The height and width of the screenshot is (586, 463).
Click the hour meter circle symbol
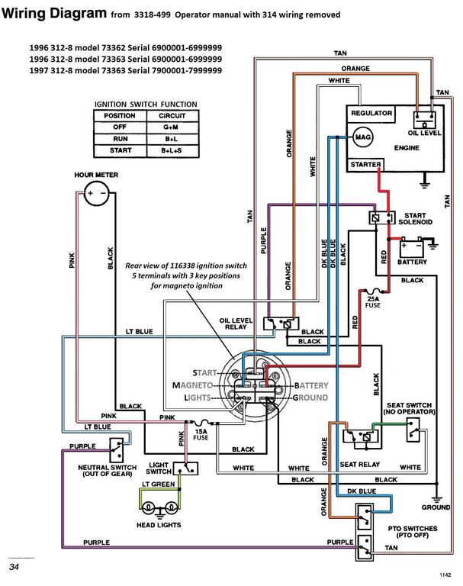(x=97, y=194)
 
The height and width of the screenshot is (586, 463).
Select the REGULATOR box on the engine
(x=371, y=113)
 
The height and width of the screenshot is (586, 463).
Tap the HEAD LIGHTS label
(x=159, y=526)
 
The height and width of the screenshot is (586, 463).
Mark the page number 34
(x=14, y=567)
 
